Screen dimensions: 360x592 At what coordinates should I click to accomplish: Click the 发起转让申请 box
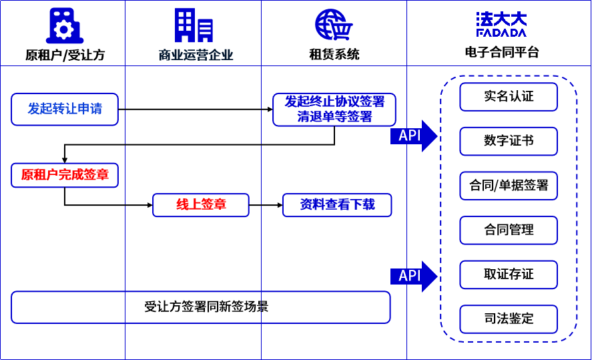tap(65, 109)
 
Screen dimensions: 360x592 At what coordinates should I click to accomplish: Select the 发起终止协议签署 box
tap(334, 109)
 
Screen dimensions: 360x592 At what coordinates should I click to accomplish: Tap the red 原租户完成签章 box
tap(65, 175)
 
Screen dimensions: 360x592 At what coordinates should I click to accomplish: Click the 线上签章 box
tap(201, 204)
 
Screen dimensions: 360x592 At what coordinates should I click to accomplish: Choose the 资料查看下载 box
tap(337, 204)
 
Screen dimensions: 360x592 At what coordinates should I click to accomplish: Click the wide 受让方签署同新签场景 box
tap(201, 307)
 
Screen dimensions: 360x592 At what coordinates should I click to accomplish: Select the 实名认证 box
tap(509, 96)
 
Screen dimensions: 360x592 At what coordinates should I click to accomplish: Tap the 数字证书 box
tap(509, 141)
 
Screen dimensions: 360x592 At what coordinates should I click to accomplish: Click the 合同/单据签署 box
tap(509, 186)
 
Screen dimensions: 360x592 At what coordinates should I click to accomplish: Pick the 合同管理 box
tap(509, 230)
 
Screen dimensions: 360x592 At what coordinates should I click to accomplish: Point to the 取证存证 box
tap(509, 275)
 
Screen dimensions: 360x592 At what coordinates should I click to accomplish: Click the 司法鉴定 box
tap(509, 319)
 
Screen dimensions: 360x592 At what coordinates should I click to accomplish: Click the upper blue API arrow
tap(413, 136)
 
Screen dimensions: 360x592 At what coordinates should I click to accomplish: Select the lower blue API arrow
tap(413, 275)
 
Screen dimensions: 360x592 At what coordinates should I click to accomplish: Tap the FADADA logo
tap(501, 24)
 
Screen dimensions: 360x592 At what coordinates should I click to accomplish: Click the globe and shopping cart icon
tap(334, 25)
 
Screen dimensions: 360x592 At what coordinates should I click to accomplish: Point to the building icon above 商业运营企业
tap(194, 25)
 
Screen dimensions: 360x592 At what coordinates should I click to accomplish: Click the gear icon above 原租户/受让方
tap(64, 27)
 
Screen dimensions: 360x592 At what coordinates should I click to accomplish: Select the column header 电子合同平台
tap(501, 53)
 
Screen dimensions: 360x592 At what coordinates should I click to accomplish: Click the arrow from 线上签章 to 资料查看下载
tap(266, 204)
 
